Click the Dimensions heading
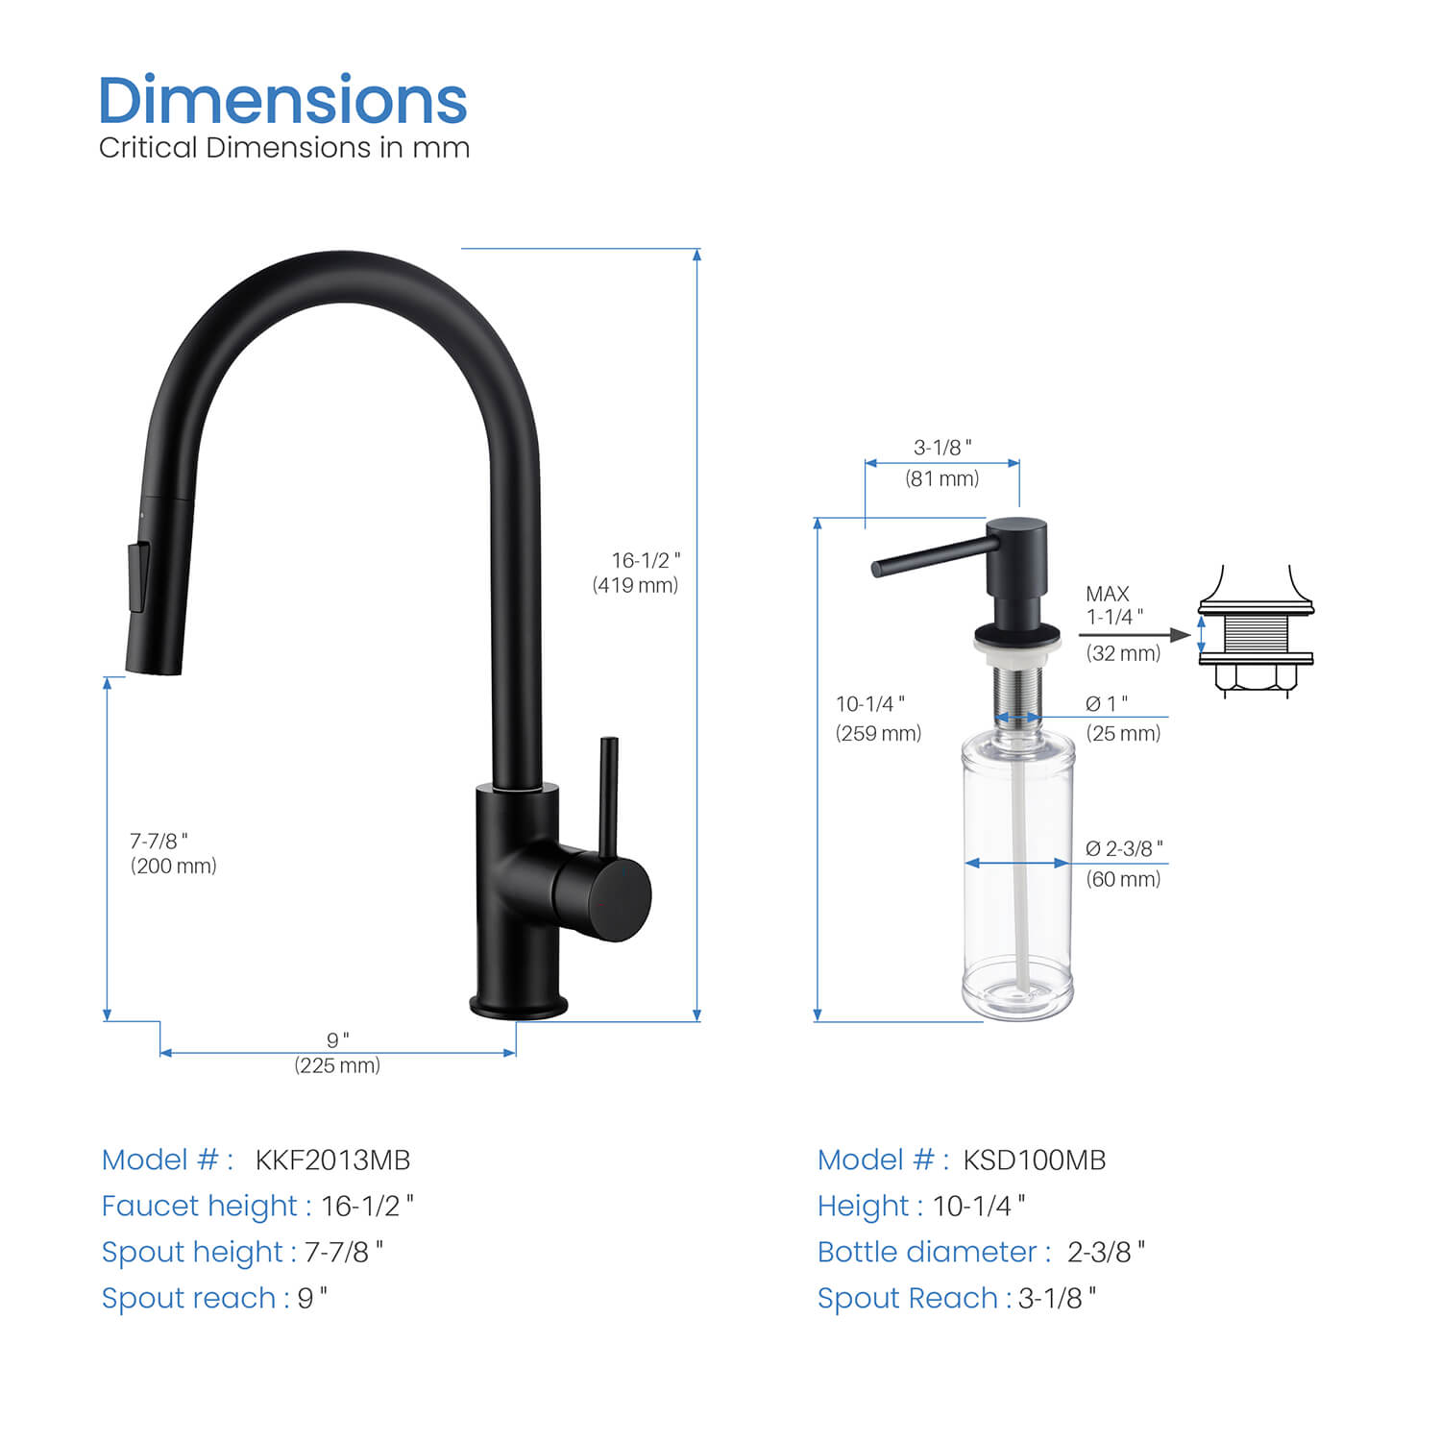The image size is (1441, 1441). pos(282,100)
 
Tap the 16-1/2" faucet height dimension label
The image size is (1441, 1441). pos(646,560)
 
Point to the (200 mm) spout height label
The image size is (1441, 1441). pos(174,867)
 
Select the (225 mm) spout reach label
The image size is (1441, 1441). pos(337,1065)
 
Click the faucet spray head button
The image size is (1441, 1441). pos(138,577)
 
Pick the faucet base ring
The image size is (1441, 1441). pos(518,1006)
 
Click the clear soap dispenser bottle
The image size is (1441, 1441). pos(1017,874)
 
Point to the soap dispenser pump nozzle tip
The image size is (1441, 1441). pos(876,569)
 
